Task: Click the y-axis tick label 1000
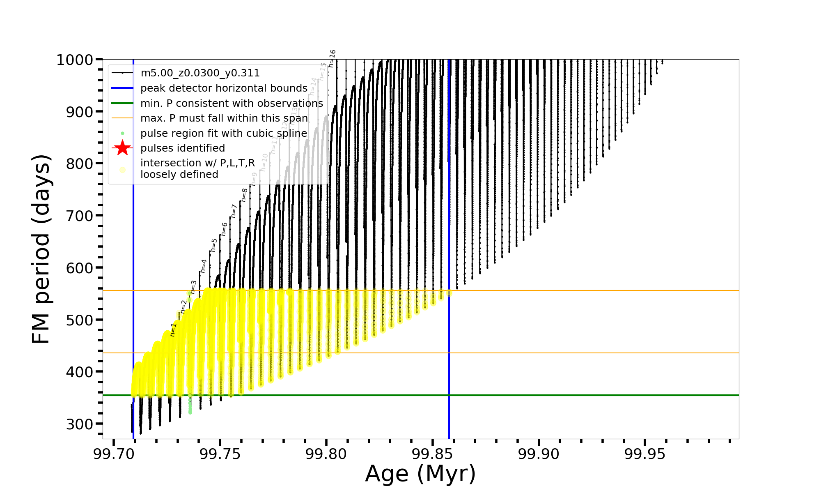coord(75,60)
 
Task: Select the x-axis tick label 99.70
coord(114,454)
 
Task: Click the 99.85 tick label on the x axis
coord(432,454)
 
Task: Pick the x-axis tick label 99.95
coord(644,454)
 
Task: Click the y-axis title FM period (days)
coord(41,249)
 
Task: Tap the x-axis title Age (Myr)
coord(420,474)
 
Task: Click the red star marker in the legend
coord(122,148)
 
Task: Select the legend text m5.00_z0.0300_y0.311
coord(200,73)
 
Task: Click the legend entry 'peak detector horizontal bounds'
coord(224,88)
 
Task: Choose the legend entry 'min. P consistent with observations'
coord(232,103)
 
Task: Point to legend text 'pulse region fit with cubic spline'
coord(224,134)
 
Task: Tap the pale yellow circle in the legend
coord(122,169)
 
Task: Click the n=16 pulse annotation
coord(332,58)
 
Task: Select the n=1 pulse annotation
coord(173,329)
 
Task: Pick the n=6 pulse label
coord(224,229)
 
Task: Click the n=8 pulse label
coord(244,195)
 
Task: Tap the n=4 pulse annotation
coord(204,266)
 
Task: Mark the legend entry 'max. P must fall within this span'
coord(224,118)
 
